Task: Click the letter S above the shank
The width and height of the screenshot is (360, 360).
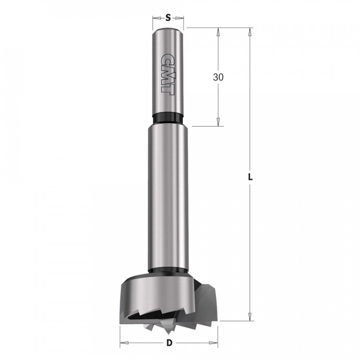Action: point(168,18)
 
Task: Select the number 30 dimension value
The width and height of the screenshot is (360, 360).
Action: point(218,77)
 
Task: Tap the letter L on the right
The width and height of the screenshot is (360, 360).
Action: point(250,177)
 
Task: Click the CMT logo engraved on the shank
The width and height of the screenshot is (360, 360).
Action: point(168,74)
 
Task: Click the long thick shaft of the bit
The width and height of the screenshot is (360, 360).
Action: point(168,196)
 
